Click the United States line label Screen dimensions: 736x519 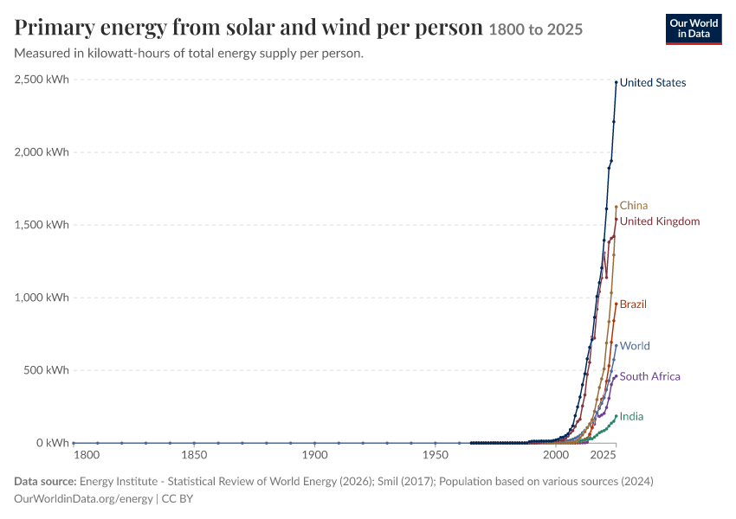(x=653, y=82)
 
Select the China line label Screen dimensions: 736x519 (x=634, y=205)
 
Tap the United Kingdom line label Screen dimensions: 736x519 (x=660, y=221)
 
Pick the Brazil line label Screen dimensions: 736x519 (x=633, y=304)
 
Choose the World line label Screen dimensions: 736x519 (x=635, y=346)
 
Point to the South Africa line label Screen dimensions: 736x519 (x=649, y=376)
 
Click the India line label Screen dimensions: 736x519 (x=631, y=416)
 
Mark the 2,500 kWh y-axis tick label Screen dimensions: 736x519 (x=42, y=80)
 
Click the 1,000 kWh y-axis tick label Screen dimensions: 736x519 (x=42, y=298)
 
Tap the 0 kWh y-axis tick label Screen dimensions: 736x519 (x=53, y=443)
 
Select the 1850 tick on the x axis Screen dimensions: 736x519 (x=194, y=455)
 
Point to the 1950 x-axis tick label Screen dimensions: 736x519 (x=436, y=455)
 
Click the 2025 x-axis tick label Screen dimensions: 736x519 (x=604, y=455)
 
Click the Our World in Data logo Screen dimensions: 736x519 (x=694, y=29)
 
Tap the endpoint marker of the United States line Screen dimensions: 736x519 (x=617, y=82)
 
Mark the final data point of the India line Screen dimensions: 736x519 (x=617, y=416)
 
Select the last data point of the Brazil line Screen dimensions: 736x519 (x=617, y=304)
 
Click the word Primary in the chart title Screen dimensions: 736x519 (x=55, y=28)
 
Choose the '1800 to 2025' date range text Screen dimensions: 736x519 (x=536, y=29)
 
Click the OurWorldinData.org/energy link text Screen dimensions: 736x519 (x=83, y=498)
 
